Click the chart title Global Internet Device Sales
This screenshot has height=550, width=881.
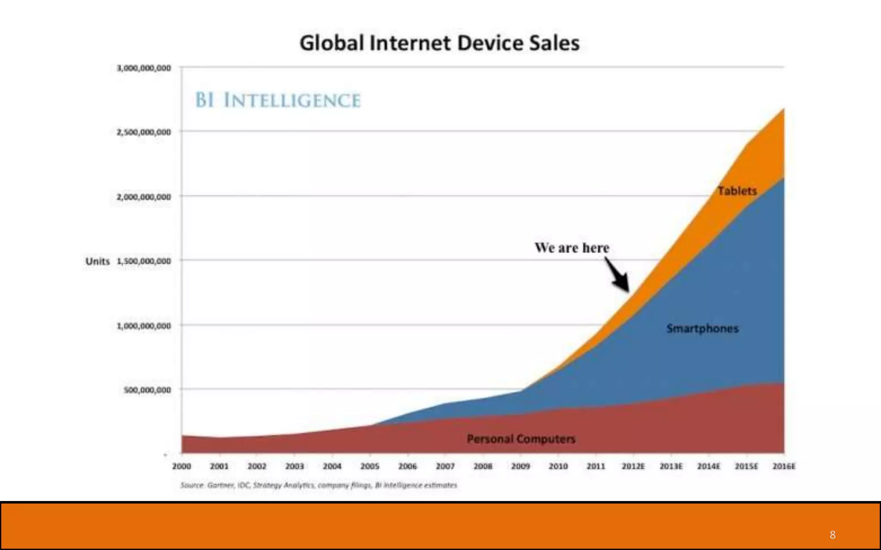(439, 43)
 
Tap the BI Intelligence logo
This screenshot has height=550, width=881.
(277, 100)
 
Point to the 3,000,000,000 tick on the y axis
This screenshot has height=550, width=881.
(144, 68)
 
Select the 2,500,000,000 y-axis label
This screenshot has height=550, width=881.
(144, 132)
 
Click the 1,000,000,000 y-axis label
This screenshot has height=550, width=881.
(144, 326)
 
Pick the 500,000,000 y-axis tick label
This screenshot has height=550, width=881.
(147, 390)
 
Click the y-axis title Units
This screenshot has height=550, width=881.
(97, 261)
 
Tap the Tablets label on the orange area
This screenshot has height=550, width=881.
(737, 191)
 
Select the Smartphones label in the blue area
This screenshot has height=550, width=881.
(702, 328)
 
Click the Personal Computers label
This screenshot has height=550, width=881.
(521, 439)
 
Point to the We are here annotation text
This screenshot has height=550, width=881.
(572, 248)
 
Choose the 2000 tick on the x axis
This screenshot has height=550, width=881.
(181, 466)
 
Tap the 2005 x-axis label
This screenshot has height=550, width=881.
(370, 466)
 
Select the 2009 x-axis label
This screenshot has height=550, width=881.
(521, 466)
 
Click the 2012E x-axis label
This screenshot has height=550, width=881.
(633, 466)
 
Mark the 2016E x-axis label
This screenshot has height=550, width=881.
(784, 466)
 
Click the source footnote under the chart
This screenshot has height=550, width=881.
(318, 485)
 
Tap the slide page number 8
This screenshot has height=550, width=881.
(832, 535)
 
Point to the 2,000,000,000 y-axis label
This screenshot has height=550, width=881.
(144, 197)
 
